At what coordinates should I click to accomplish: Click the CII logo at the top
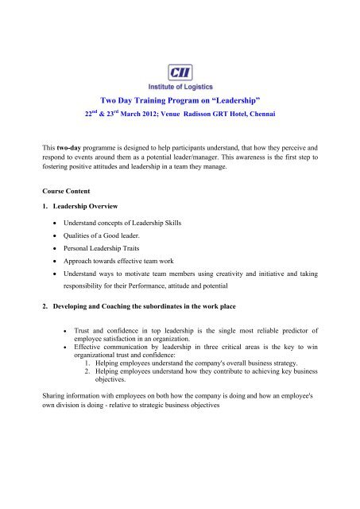click(180, 49)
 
